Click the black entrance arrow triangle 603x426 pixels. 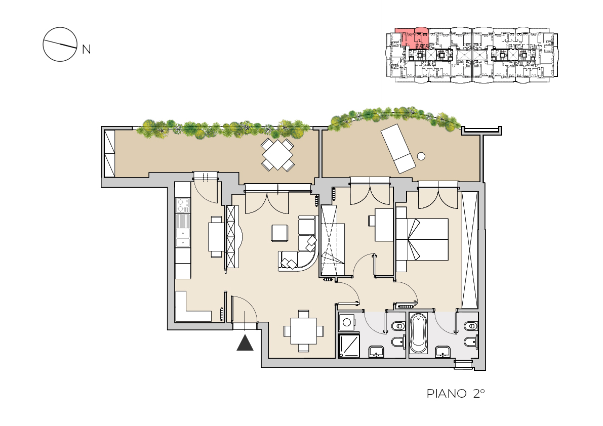[245, 344]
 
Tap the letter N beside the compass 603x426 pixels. [87, 50]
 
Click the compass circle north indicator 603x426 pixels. [60, 44]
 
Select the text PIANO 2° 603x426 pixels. [456, 393]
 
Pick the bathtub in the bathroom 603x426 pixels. [418, 333]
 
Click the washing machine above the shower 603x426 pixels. [347, 322]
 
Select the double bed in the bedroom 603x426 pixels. [422, 239]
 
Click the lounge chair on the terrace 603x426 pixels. [398, 148]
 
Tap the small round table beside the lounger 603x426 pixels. [421, 156]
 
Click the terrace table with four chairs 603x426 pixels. [277, 155]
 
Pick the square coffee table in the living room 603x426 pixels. [279, 233]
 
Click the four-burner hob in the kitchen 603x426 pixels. [183, 205]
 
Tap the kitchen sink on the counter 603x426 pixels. [183, 238]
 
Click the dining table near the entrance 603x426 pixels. [303, 331]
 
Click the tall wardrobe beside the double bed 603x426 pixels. [469, 249]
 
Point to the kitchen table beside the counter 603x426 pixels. [216, 237]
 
